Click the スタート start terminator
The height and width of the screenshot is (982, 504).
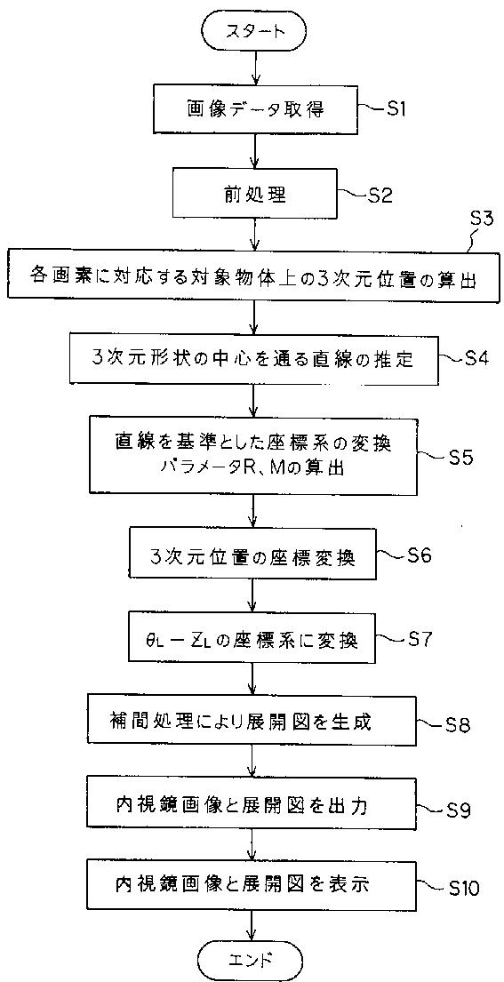(x=253, y=30)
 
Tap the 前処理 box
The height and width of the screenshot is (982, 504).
(x=254, y=196)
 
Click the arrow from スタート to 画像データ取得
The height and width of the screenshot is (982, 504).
(x=255, y=69)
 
